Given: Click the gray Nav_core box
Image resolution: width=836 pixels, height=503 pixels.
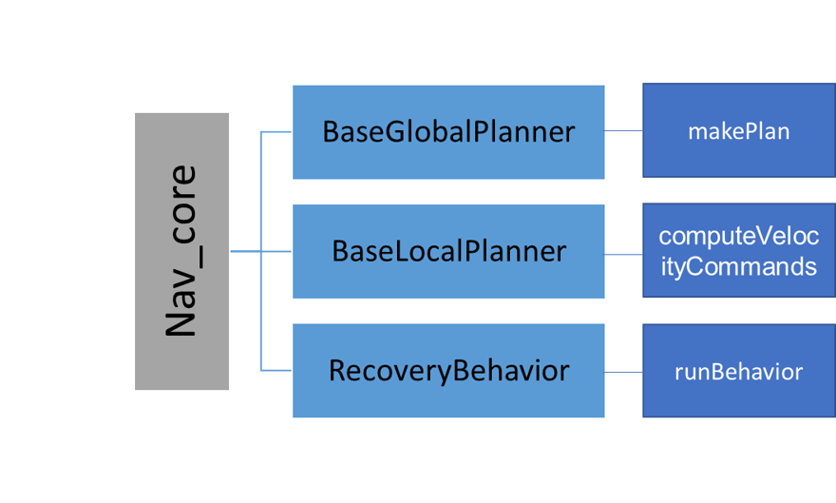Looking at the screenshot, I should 181,251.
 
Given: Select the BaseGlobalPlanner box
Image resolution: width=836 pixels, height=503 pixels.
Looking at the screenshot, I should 448,131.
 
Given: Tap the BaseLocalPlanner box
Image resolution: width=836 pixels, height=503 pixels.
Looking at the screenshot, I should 448,251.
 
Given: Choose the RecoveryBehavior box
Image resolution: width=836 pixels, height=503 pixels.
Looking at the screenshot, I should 448,370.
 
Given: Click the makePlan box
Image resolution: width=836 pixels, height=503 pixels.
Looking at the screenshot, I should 738,130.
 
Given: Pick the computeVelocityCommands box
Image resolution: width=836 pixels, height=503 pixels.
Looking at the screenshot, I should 738,251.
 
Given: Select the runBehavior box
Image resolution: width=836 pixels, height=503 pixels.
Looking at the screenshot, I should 738,371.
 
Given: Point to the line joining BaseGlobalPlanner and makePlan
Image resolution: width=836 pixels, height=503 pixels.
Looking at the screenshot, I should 624,131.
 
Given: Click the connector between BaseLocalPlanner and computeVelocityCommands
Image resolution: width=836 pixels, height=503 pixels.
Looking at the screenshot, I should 624,254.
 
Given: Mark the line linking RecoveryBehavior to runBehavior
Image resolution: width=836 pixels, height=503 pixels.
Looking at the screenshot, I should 624,372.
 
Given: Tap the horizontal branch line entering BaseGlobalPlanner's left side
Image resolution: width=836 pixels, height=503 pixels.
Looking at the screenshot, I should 275,132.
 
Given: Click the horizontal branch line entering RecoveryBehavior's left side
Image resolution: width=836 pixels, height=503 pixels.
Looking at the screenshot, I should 275,370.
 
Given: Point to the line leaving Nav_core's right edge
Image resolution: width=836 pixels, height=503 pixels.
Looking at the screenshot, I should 244,252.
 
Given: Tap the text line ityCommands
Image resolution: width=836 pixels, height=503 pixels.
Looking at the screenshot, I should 738,266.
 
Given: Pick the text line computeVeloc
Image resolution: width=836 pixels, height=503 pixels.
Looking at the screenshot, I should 738,236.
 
